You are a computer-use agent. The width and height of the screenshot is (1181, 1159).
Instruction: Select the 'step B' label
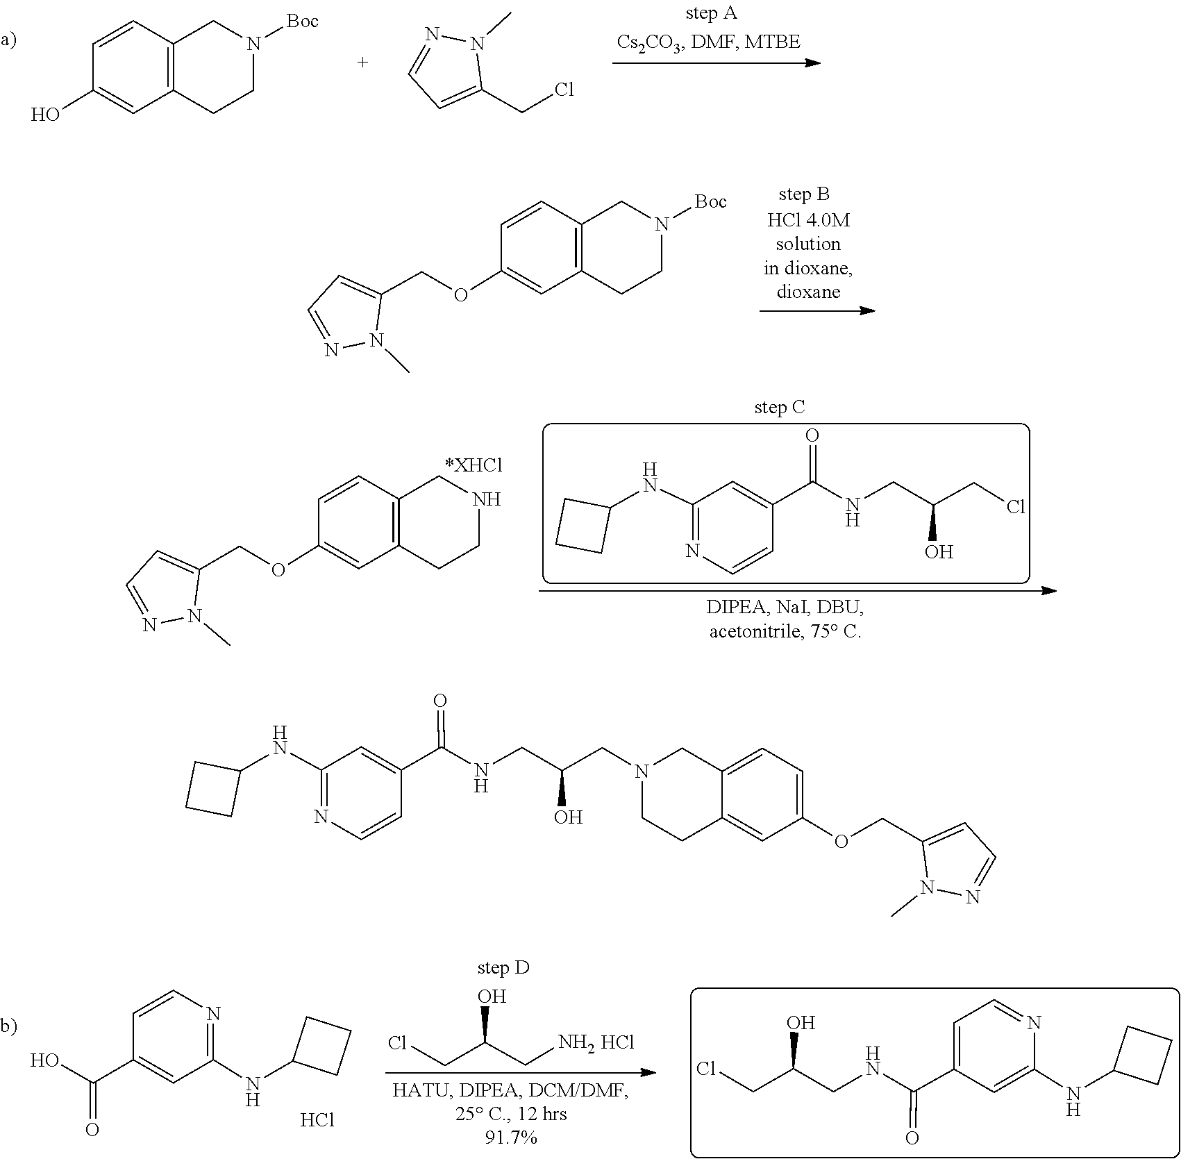(804, 195)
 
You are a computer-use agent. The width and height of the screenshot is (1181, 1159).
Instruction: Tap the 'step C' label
(780, 408)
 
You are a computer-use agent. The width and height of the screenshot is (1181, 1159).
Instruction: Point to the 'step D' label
(503, 967)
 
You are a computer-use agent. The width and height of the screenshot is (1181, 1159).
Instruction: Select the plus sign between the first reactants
(362, 62)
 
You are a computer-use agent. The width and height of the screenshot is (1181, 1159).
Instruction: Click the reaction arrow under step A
(716, 63)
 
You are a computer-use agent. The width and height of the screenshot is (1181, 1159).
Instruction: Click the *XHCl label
(474, 466)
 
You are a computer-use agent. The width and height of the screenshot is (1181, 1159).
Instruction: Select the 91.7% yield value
(511, 1137)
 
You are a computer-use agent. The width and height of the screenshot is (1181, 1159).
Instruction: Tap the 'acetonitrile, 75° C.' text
(785, 632)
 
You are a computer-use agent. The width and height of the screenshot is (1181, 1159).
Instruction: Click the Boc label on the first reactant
(303, 22)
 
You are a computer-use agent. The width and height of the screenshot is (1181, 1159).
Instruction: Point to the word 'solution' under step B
(808, 244)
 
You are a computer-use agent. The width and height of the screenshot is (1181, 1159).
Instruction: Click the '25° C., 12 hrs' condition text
(511, 1114)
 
